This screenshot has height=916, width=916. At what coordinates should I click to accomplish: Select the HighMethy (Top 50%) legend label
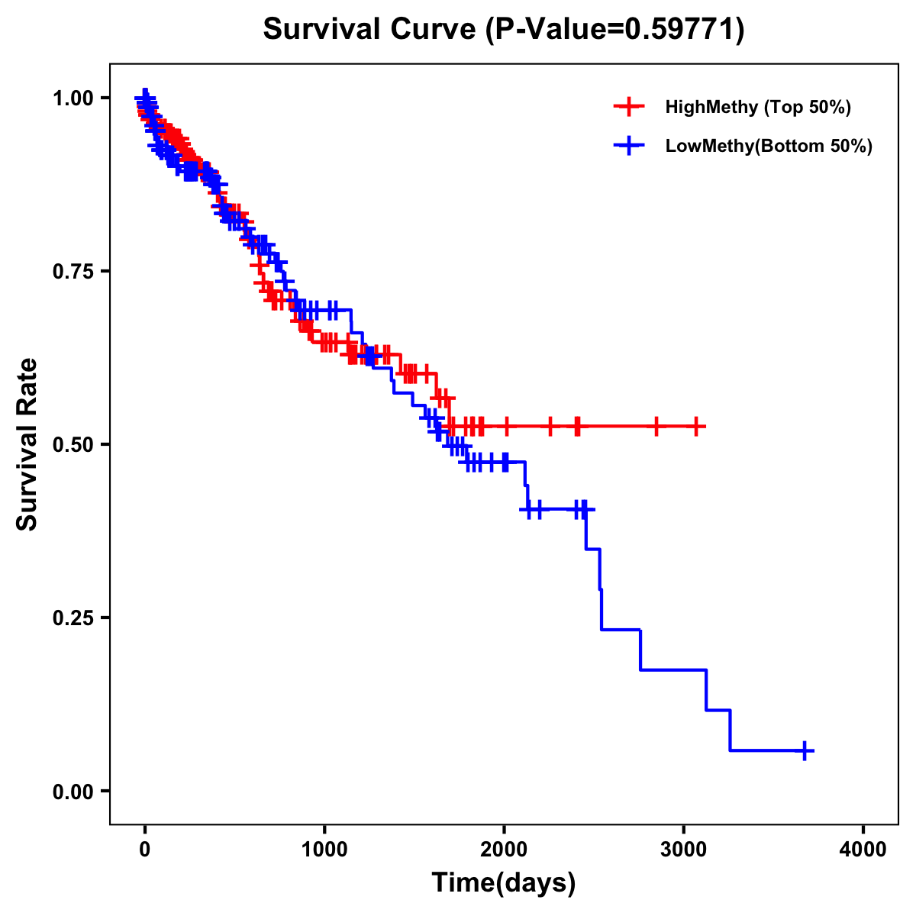click(757, 107)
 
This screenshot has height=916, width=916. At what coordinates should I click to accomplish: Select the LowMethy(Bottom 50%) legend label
click(768, 147)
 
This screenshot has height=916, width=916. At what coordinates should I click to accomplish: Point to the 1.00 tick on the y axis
click(73, 98)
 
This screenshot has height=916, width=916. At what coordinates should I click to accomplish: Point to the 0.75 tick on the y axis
click(73, 271)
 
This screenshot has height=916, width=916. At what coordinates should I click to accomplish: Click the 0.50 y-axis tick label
click(73, 444)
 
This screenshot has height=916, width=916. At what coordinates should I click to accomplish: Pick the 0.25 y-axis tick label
click(73, 618)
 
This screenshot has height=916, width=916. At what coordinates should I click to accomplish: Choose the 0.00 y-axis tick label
click(73, 791)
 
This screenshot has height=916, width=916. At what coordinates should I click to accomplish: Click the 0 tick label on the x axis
click(145, 850)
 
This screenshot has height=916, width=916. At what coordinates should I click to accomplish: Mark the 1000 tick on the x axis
click(324, 850)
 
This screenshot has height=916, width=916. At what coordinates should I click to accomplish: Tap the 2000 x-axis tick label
click(504, 850)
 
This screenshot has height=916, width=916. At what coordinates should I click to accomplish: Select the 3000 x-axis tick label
click(684, 850)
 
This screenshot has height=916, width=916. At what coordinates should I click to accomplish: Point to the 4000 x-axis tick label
click(863, 850)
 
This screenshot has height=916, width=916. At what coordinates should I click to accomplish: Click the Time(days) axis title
click(504, 883)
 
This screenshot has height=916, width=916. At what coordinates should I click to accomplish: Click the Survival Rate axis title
click(27, 444)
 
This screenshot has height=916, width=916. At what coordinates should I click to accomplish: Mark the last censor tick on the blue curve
click(805, 751)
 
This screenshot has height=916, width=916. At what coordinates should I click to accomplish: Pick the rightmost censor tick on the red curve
click(696, 427)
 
